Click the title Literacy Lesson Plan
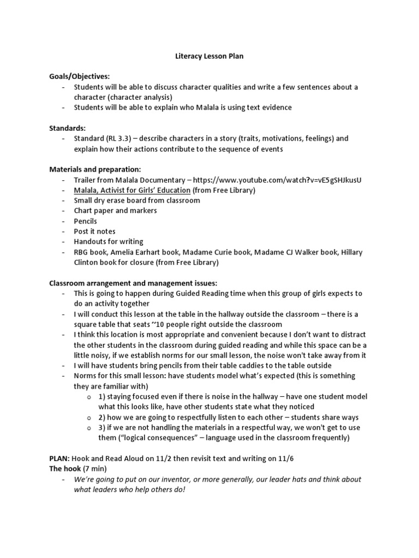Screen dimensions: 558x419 209,56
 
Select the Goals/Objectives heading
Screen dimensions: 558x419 79,77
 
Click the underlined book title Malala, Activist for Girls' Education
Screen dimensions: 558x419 132,190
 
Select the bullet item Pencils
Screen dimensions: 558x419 86,221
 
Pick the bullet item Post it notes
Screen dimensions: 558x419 95,232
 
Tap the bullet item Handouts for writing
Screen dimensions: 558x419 109,241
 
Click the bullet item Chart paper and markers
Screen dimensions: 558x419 115,211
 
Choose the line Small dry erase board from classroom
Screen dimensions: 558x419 137,201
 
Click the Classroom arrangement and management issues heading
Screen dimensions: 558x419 133,283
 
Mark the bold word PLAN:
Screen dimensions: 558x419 59,458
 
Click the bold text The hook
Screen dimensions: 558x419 65,469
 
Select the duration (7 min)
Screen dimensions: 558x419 95,469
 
